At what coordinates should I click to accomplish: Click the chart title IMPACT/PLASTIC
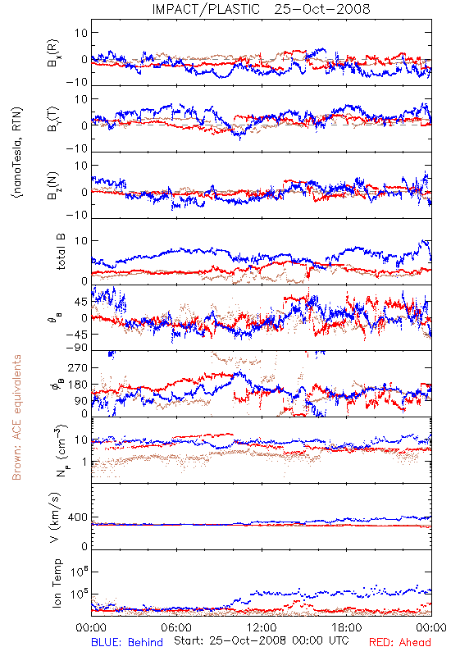pos(206,9)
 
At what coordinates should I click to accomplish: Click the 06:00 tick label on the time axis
pos(176,627)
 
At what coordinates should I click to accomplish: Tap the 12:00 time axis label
pos(262,627)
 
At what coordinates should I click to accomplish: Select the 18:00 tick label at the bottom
pos(347,627)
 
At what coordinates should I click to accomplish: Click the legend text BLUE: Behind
pos(127,642)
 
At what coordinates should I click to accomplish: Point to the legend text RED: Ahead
pos(400,642)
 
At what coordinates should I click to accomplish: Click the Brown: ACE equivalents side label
pos(16,417)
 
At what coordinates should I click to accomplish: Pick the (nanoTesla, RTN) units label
pos(17,153)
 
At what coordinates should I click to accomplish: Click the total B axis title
pos(60,252)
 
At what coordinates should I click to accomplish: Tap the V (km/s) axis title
pos(56,517)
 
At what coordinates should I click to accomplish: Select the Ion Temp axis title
pos(57,583)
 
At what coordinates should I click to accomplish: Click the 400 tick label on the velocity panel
pos(78,517)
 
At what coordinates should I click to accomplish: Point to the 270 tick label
pos(78,368)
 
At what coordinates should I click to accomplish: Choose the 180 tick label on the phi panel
pos(78,385)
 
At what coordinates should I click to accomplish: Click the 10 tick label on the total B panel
pos(81,241)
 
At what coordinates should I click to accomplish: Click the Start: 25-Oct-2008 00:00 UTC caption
pos(262,640)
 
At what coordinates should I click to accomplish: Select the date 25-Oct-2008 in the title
pos(322,9)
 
